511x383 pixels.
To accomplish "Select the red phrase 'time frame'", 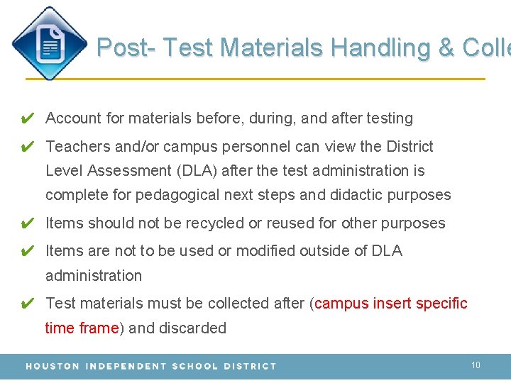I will point(82,328).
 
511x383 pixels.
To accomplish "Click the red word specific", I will point(441,304).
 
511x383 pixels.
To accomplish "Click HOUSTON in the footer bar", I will point(53,367).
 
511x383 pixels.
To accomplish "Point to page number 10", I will point(476,365).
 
